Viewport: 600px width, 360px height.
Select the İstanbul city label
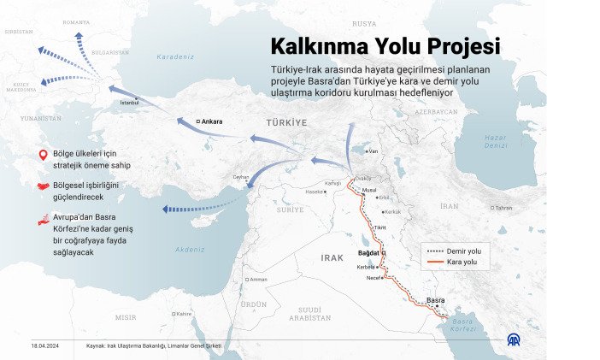tap(129, 101)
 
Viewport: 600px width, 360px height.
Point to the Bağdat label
tap(368, 254)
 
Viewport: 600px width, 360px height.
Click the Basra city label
tap(435, 300)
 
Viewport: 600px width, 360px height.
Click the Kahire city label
tap(183, 313)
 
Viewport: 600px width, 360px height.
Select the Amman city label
tap(258, 279)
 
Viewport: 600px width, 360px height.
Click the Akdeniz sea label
tap(189, 250)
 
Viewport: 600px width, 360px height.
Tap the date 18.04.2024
tap(44, 345)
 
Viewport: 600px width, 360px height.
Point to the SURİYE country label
tap(290, 210)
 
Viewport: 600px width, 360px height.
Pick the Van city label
tap(372, 150)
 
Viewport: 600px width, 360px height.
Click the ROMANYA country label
tap(76, 22)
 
